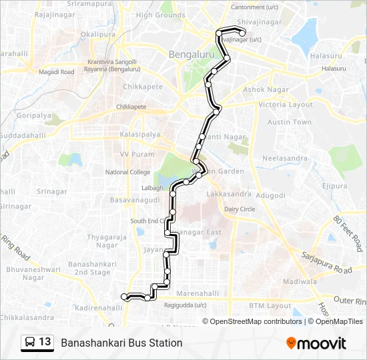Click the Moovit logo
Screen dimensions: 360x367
click(x=316, y=343)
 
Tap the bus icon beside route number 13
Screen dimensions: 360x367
click(x=29, y=343)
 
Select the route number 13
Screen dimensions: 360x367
click(x=45, y=342)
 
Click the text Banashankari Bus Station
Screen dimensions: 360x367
click(x=121, y=343)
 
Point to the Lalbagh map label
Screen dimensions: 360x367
click(x=152, y=188)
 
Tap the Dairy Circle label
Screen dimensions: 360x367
click(x=240, y=209)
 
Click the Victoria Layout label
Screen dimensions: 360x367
click(x=286, y=105)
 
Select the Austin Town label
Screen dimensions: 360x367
click(x=290, y=122)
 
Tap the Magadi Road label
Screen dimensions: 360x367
click(x=57, y=72)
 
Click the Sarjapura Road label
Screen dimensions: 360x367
click(x=326, y=261)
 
